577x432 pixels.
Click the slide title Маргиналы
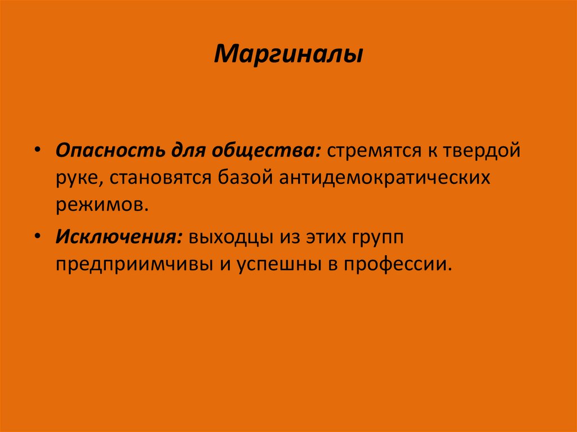(x=288, y=55)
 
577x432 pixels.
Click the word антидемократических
(x=383, y=179)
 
